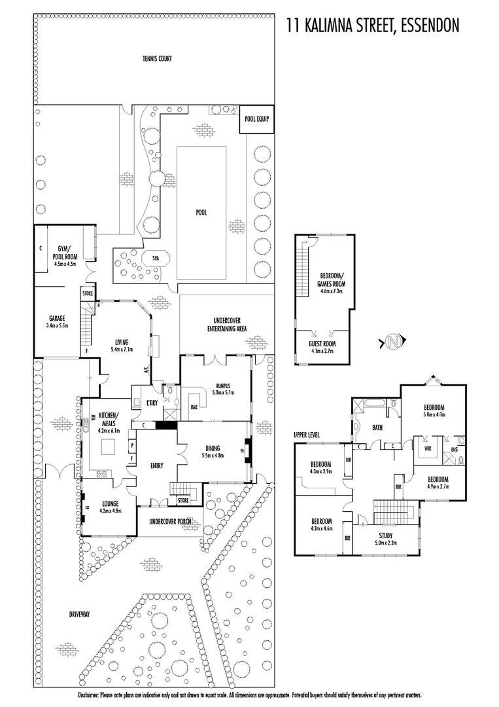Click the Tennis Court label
coord(157,59)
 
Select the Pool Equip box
coord(256,120)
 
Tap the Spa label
coord(156,258)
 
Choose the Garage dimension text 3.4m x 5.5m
coord(58,325)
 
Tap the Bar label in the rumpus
coord(194,406)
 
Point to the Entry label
coord(156,466)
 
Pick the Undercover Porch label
coord(171,521)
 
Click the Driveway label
coord(78,614)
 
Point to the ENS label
coord(455,450)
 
